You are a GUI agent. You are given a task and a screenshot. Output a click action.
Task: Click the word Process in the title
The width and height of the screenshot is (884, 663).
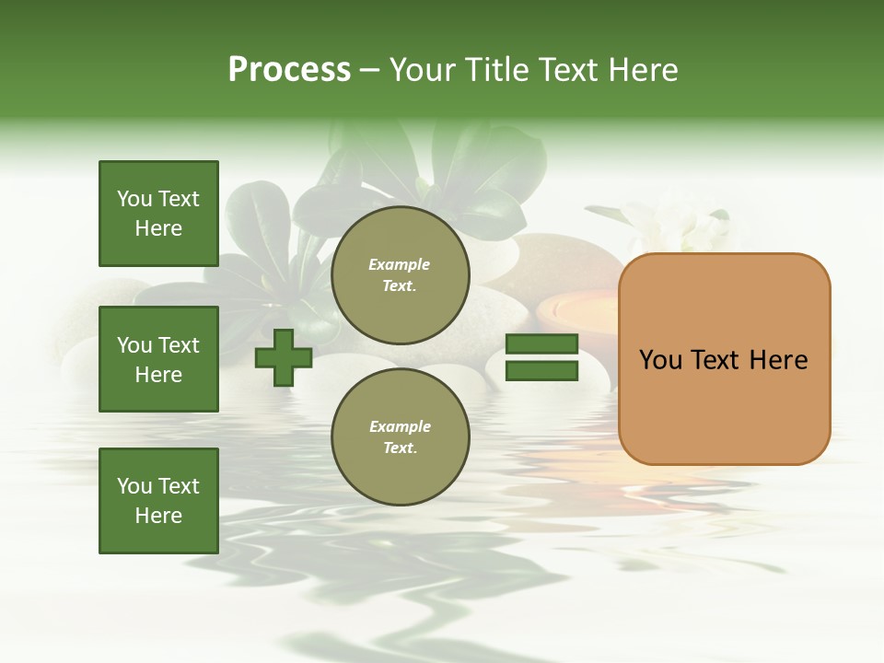click(289, 70)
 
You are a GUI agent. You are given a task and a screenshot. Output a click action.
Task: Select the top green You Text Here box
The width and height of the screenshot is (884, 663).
click(158, 214)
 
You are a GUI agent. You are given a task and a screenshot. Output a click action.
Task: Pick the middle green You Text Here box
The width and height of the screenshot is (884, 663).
click(158, 359)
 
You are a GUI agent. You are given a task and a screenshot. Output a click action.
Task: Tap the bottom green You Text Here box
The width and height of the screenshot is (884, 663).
click(158, 501)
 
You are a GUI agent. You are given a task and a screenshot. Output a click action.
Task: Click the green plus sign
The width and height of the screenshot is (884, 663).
click(284, 358)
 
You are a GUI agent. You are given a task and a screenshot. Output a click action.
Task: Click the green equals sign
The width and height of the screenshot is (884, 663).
click(542, 357)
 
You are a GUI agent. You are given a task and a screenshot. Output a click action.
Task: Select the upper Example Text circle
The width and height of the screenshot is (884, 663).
click(400, 275)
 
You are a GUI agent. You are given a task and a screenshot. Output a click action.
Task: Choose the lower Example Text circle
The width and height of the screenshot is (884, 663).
click(400, 437)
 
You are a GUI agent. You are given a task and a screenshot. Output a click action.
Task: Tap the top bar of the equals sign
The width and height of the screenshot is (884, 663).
click(542, 344)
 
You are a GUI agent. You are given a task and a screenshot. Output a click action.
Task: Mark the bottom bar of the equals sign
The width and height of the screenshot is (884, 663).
click(542, 371)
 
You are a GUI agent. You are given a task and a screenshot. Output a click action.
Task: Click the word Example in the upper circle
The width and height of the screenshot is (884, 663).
click(400, 264)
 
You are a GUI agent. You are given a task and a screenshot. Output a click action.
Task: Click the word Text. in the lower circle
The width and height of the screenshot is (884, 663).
click(400, 448)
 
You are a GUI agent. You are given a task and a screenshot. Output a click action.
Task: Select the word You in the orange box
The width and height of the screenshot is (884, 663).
click(659, 360)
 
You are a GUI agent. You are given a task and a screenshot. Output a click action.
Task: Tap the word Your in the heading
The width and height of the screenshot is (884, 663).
click(424, 70)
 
